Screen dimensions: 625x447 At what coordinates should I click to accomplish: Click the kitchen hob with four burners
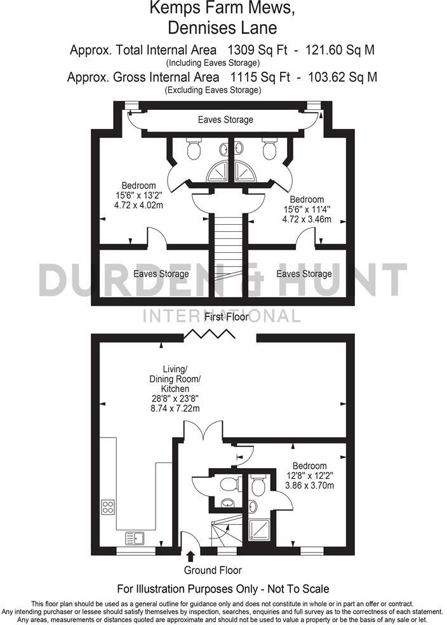(x=108, y=507)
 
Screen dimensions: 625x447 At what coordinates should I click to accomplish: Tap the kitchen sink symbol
(x=135, y=537)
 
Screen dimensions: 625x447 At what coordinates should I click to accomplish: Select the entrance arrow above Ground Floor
(x=191, y=557)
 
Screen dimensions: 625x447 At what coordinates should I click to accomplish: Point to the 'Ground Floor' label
(x=213, y=570)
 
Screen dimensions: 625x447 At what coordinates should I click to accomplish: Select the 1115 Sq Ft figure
(x=254, y=77)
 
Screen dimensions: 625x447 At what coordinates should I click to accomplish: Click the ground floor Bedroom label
(x=309, y=466)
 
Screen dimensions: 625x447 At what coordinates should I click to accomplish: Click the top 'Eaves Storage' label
(x=225, y=119)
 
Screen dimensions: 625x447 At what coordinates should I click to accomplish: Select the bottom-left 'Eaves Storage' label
(x=161, y=274)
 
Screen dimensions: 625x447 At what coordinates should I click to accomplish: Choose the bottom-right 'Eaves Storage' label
(x=304, y=274)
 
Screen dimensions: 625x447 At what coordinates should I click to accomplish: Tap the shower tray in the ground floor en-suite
(x=259, y=528)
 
